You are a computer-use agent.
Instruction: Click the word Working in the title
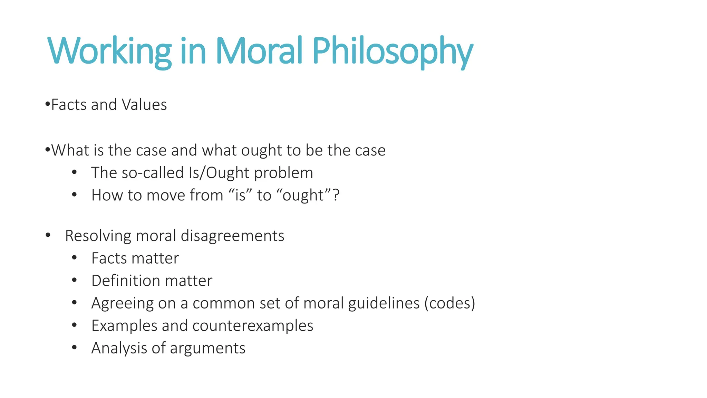pos(109,51)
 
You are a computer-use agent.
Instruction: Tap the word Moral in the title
pos(259,51)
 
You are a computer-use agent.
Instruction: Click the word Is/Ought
pos(219,173)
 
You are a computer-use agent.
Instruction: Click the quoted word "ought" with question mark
pos(308,195)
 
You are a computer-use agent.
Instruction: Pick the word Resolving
pos(98,236)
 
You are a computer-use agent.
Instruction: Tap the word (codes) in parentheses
pos(449,303)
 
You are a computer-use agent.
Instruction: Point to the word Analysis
pos(119,348)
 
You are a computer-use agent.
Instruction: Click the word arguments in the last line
pos(207,348)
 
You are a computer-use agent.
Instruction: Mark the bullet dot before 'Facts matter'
pos(74,258)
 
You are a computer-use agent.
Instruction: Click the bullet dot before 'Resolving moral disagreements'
pos(48,236)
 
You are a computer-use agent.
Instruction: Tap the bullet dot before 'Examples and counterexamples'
pos(74,325)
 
